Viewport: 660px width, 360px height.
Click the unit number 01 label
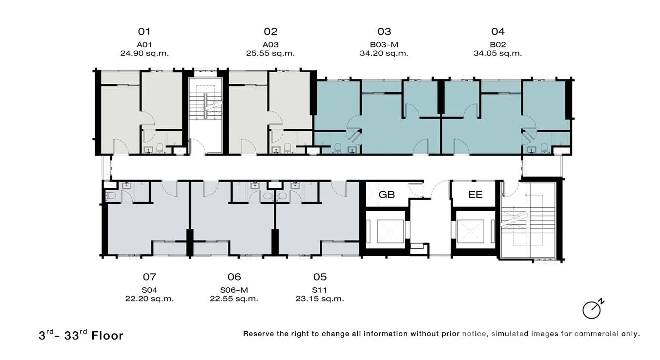pos(144,32)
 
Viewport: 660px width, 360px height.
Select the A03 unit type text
pos(270,45)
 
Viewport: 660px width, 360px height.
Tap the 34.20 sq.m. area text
pos(384,54)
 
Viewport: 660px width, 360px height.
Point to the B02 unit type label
pos(498,45)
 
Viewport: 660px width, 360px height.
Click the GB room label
pos(387,195)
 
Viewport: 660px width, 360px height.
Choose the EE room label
pos(475,195)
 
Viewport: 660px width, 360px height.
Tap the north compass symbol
pos(593,309)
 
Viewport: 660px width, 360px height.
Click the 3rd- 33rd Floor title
pos(81,335)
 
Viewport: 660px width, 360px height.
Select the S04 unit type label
pos(149,290)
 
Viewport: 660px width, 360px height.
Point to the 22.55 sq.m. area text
pos(234,299)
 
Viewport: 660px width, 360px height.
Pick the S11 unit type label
pos(320,290)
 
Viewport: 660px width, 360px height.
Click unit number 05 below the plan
pos(320,277)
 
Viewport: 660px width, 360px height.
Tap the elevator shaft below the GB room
pos(386,231)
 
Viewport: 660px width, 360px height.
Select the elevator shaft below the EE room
pos(474,231)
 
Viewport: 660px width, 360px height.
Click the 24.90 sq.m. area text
pos(144,54)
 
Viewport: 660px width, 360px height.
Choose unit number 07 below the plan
pos(149,277)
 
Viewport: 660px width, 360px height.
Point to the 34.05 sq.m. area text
pos(497,54)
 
